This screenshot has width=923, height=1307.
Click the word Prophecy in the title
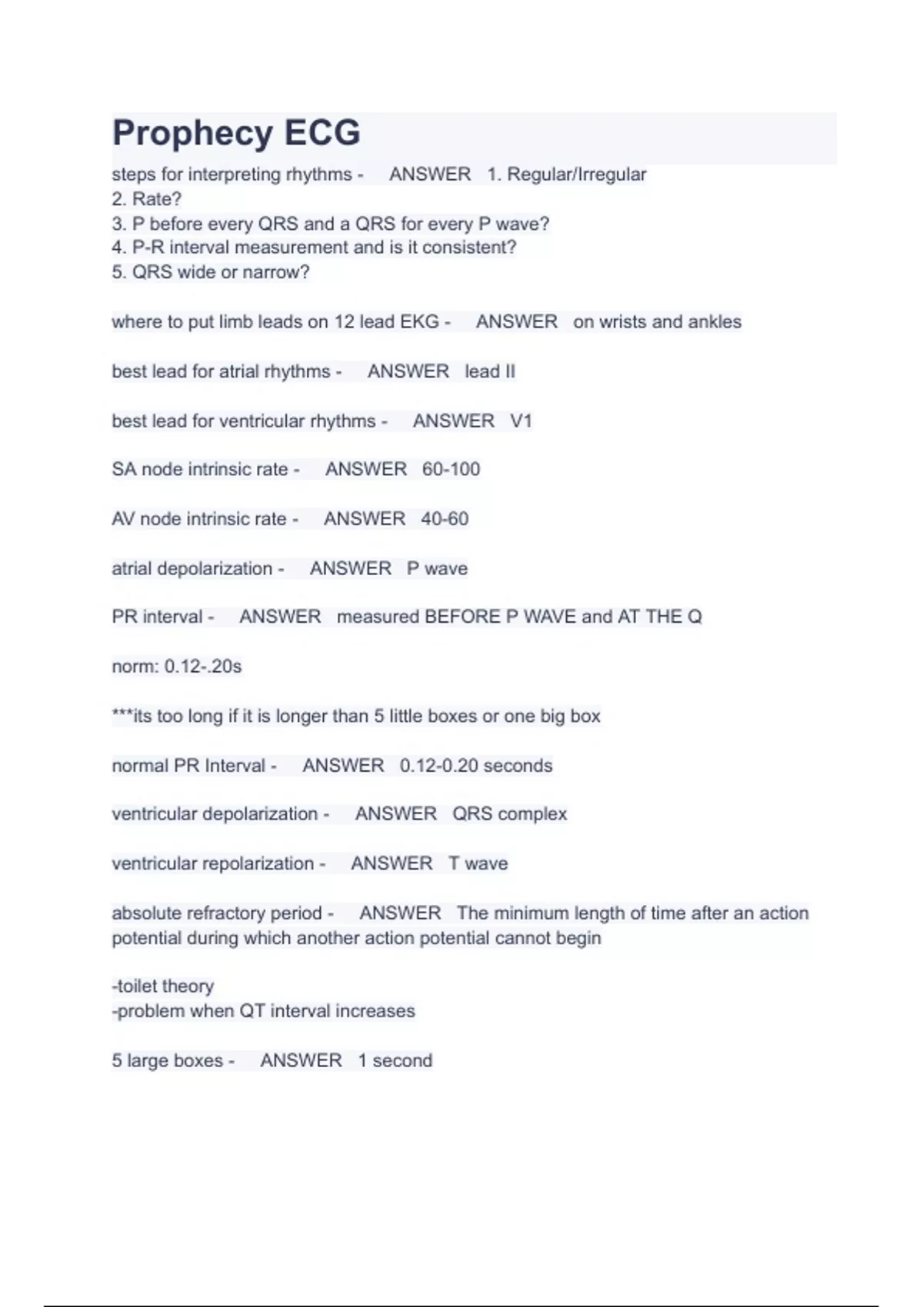click(x=192, y=134)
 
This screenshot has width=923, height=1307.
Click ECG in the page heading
click(x=322, y=132)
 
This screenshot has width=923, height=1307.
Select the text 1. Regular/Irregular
click(x=567, y=175)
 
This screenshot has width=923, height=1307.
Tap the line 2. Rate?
click(x=146, y=199)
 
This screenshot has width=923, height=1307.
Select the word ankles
click(x=715, y=321)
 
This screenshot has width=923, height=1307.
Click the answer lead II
click(x=490, y=371)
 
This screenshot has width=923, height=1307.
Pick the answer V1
click(x=521, y=421)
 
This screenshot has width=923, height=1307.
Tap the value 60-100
click(x=451, y=469)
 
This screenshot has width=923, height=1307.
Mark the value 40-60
click(x=445, y=519)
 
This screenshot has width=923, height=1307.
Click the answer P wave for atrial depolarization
click(x=437, y=568)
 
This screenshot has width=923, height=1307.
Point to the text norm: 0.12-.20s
click(x=177, y=666)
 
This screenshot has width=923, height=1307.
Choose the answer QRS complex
click(x=509, y=813)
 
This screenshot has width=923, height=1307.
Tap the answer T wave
click(x=478, y=863)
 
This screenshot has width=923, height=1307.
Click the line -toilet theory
click(x=163, y=986)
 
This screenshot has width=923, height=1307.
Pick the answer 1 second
click(x=395, y=1060)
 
